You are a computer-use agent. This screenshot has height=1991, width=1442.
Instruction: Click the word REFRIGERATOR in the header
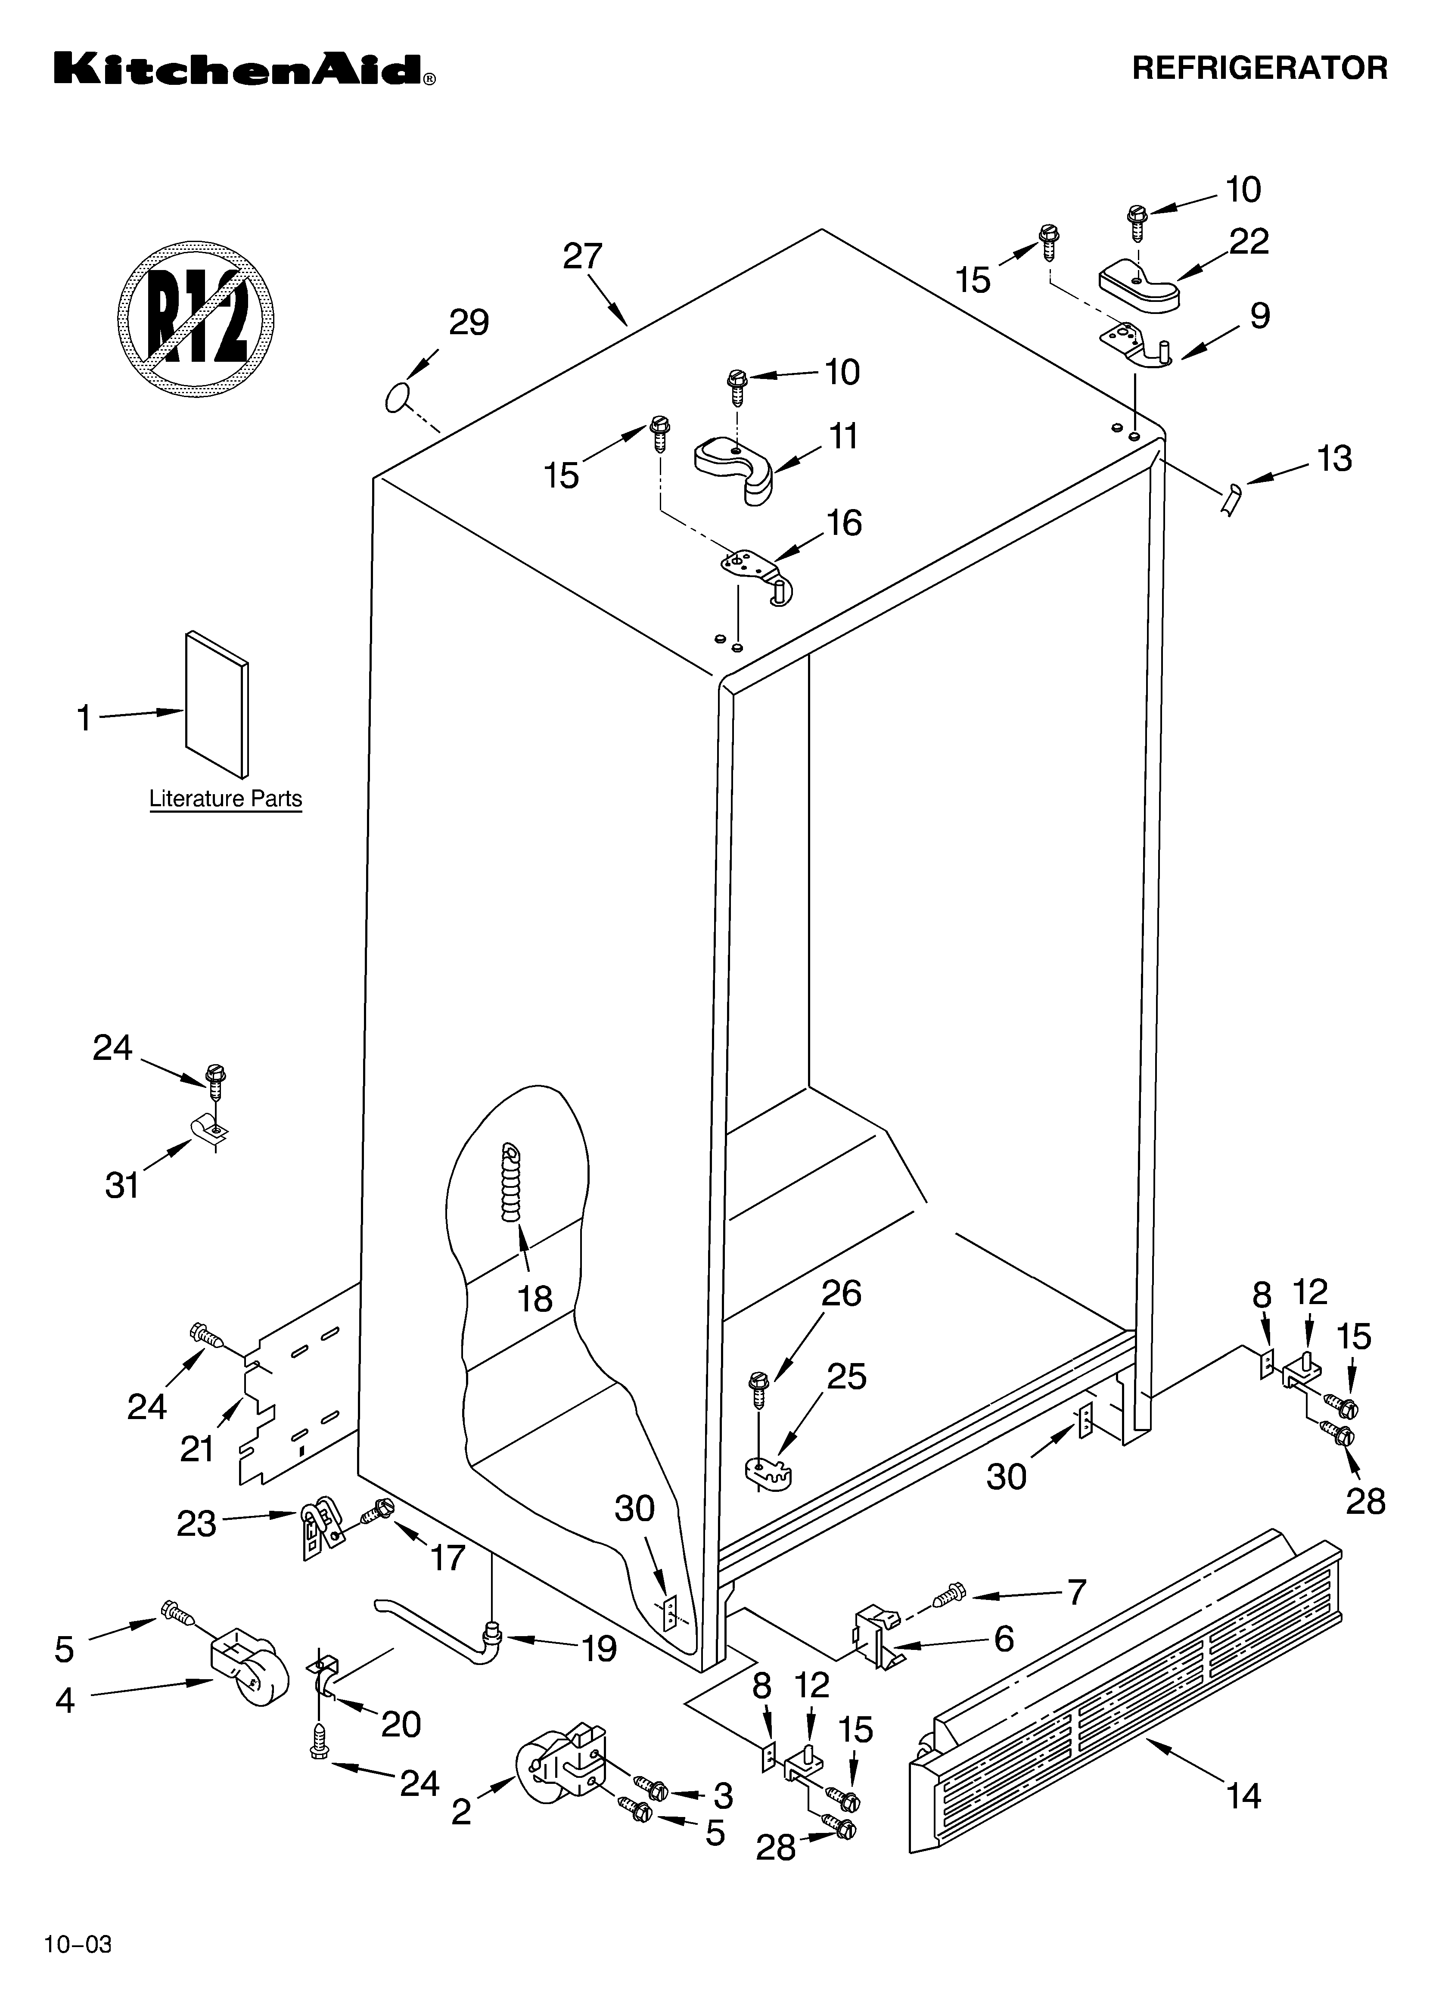[1259, 68]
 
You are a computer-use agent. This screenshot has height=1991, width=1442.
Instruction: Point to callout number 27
[582, 256]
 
